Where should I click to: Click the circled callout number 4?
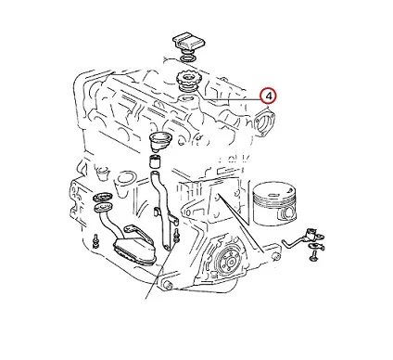pyautogui.click(x=268, y=96)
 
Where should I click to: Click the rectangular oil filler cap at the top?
pyautogui.click(x=188, y=42)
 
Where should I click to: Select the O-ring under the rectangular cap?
pyautogui.click(x=188, y=58)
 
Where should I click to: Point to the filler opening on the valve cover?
pyautogui.click(x=186, y=99)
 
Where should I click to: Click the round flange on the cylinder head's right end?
pyautogui.click(x=264, y=122)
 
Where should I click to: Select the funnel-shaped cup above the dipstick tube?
pyautogui.click(x=160, y=141)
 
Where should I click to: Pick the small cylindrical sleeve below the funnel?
pyautogui.click(x=156, y=161)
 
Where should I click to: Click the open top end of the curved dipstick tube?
pyautogui.click(x=155, y=174)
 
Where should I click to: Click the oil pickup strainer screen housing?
pyautogui.click(x=134, y=249)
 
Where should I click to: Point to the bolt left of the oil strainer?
pyautogui.click(x=96, y=240)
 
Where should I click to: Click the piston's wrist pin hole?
pyautogui.click(x=288, y=213)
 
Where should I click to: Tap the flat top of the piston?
pyautogui.click(x=273, y=190)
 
